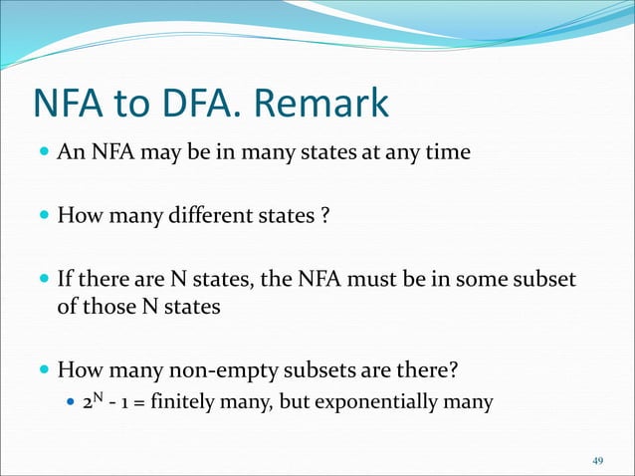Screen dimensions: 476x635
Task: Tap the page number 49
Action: [x=597, y=460]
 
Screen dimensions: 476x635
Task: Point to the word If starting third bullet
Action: [x=66, y=281]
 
